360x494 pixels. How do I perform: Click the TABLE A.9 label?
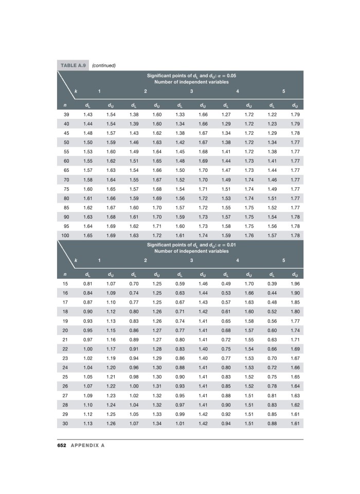(73, 65)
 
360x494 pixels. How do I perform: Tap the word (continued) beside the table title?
(103, 65)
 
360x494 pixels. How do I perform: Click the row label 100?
(66, 235)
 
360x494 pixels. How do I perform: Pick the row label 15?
(66, 283)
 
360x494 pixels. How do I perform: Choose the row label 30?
(66, 423)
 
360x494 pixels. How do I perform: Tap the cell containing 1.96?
(295, 283)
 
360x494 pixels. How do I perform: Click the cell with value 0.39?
(272, 283)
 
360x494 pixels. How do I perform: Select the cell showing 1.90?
(295, 292)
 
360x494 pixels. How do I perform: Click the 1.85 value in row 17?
(295, 302)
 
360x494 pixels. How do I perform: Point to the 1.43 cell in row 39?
(88, 113)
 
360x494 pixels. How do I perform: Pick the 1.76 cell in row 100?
(249, 235)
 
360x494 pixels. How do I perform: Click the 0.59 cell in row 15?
(180, 283)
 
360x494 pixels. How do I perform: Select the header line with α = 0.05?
(191, 76)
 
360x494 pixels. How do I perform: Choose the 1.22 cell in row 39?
(272, 113)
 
